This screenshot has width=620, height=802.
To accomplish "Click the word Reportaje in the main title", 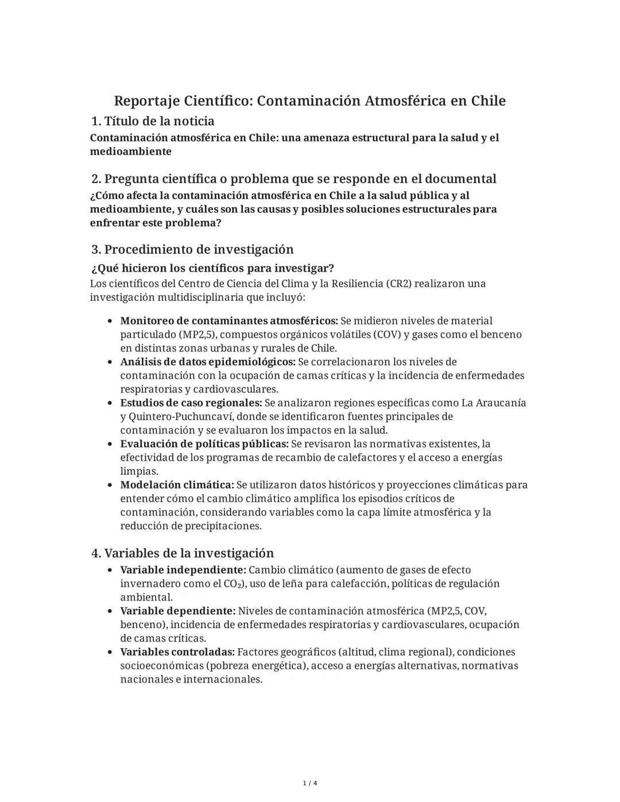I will tap(146, 101).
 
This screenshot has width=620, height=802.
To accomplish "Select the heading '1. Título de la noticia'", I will tap(153, 121).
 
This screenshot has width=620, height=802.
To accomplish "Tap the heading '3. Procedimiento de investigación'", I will tap(192, 249).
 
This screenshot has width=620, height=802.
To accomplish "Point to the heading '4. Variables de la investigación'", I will tap(183, 553).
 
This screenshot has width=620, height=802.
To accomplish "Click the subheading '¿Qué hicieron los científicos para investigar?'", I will tap(212, 268).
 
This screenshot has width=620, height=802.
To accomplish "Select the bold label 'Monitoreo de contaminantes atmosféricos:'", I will tap(228, 320).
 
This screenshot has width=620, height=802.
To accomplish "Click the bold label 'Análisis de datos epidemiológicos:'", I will tap(208, 362).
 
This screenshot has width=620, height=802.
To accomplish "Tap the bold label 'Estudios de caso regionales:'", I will tap(191, 403).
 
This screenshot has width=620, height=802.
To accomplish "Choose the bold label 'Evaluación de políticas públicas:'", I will tap(204, 444).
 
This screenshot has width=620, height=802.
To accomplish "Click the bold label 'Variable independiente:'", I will tap(183, 570).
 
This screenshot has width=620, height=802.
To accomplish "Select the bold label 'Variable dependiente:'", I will tap(178, 611).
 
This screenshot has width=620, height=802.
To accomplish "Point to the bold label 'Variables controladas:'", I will tap(177, 652).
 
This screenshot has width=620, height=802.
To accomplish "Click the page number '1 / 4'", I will tap(310, 783).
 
